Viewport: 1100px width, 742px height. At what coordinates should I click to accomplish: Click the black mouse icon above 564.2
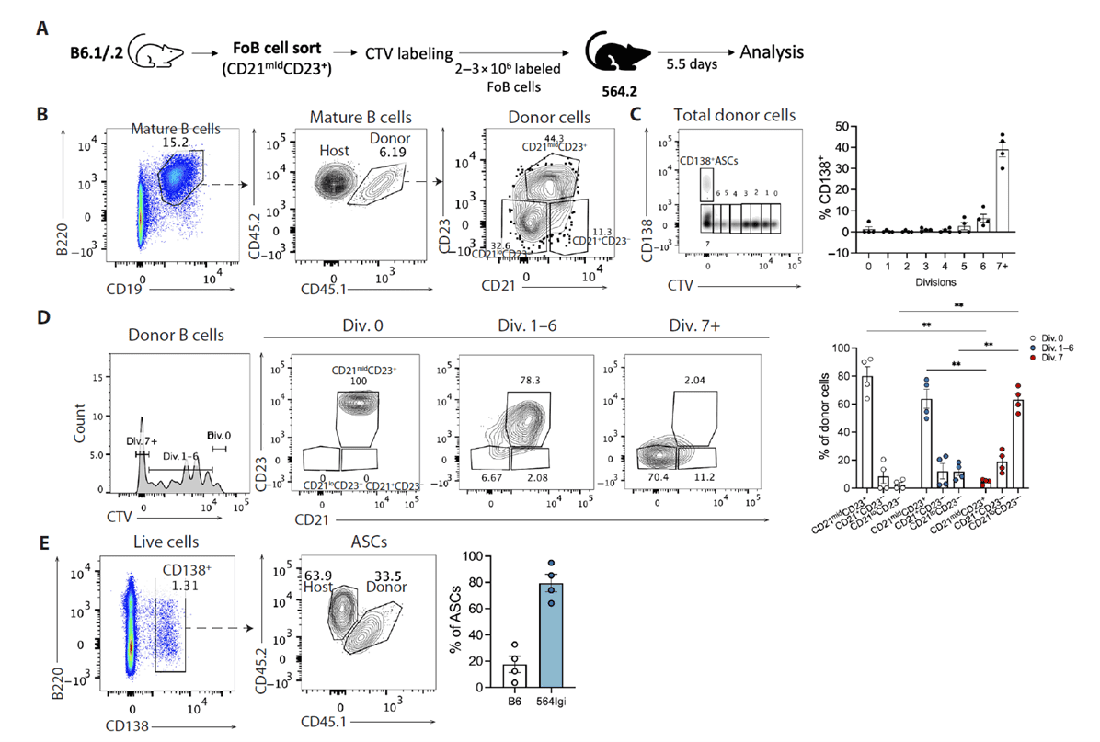pyautogui.click(x=617, y=59)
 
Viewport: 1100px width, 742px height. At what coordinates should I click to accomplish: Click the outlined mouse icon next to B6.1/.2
pyautogui.click(x=154, y=56)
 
